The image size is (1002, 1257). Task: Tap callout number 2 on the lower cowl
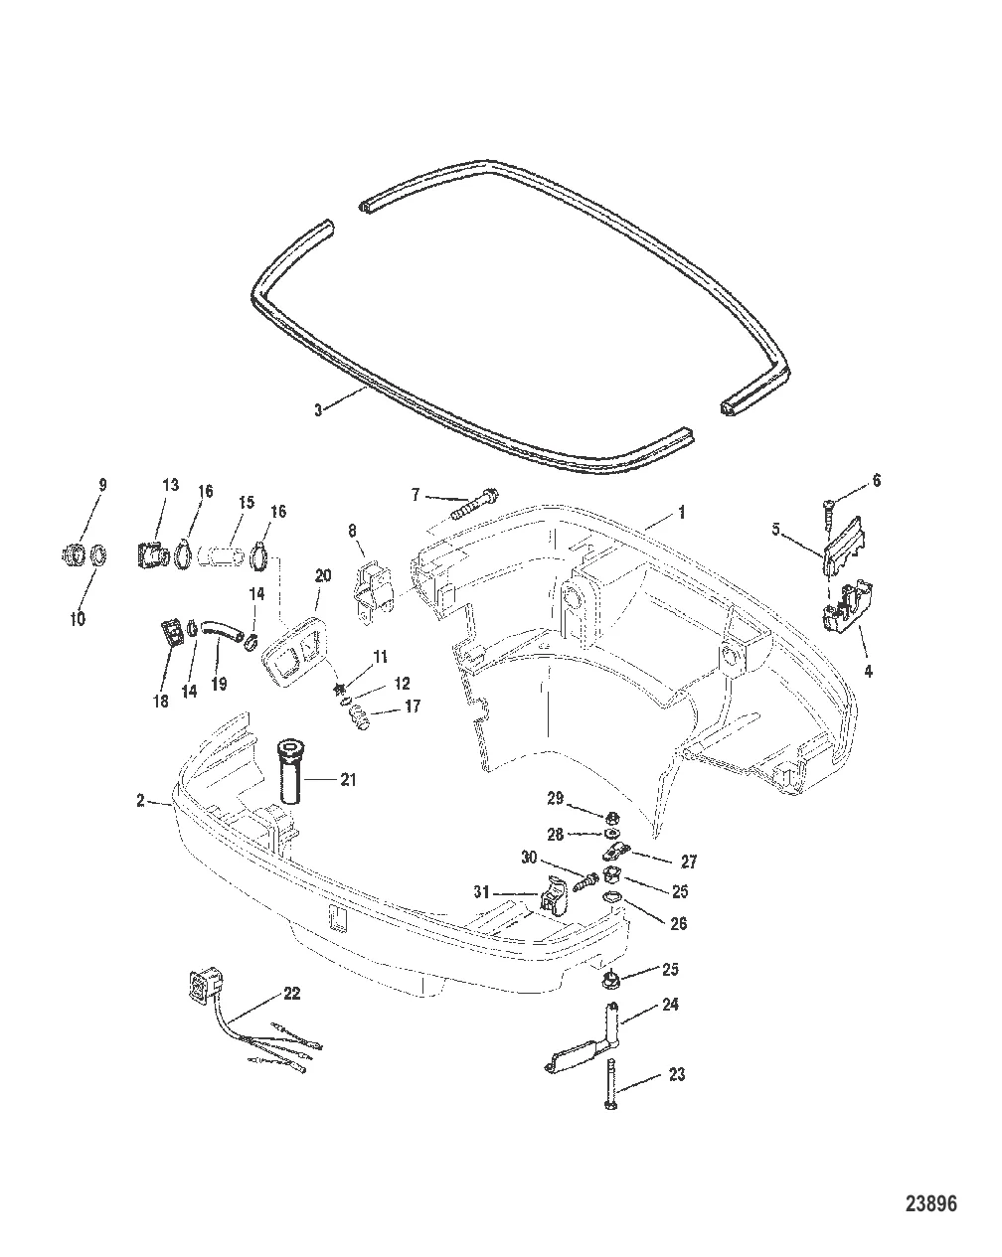coord(141,800)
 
